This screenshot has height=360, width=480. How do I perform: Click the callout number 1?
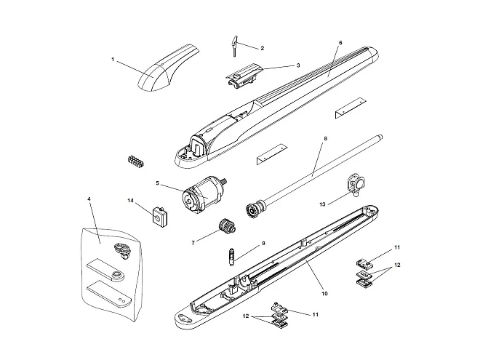pos(113,60)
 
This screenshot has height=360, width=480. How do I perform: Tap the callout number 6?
pos(340,43)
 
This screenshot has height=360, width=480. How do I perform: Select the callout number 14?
pos(131,201)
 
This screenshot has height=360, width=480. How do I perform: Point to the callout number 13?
pos(322,204)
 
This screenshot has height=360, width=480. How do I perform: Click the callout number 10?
pos(325,293)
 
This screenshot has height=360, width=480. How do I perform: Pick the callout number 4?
pos(89,199)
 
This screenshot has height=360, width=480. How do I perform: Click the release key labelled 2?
pos(234,46)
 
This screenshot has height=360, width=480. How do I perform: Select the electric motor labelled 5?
pos(203,196)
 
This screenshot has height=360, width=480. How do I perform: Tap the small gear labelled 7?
pos(227,226)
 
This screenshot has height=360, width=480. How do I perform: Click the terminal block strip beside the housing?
pos(135,161)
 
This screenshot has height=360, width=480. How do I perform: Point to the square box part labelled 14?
pos(160,217)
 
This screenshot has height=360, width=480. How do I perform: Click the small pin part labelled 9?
pos(232,257)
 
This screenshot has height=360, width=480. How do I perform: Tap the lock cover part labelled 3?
pos(244,76)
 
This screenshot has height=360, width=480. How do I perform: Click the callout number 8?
pos(325,138)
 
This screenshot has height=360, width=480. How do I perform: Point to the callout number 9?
pos(263,244)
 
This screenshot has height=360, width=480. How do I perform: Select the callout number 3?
pos(298,65)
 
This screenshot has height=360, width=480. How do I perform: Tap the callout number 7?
pos(193,243)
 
